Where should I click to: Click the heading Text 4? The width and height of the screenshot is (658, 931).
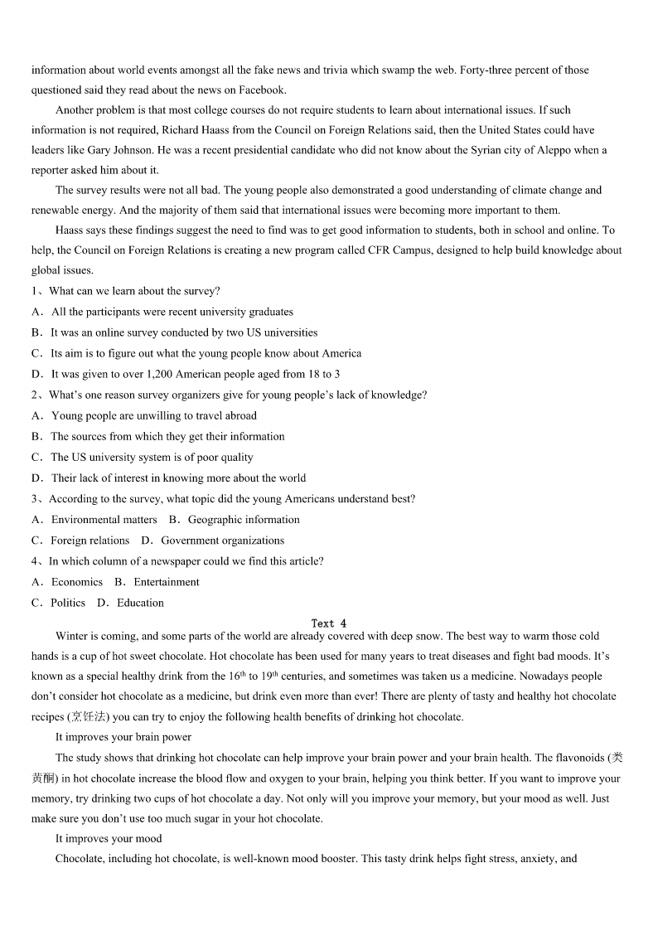point(329,623)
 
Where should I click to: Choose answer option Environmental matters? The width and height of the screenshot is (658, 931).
point(104,520)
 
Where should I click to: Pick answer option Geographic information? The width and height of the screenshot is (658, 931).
point(244,520)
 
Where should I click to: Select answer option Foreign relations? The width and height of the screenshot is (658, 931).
point(90,541)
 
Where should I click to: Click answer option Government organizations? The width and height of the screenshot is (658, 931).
point(222,541)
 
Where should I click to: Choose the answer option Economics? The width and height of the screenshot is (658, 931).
point(76,582)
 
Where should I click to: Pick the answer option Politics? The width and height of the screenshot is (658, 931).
point(67,603)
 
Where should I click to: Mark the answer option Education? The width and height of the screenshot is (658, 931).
point(140,603)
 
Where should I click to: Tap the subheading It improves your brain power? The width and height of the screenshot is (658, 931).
point(123,737)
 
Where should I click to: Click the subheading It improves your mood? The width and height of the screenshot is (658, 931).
point(109,839)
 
